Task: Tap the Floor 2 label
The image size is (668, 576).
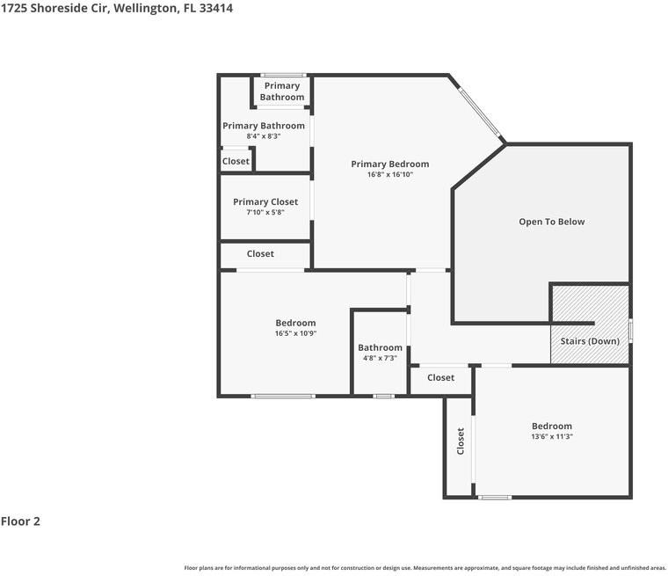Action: click(x=20, y=521)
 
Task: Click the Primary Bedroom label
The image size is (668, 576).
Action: click(x=389, y=164)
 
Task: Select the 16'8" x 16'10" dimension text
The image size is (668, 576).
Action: click(x=389, y=175)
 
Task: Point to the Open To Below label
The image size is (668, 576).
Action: click(x=551, y=222)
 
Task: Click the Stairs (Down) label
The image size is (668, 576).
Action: click(x=590, y=341)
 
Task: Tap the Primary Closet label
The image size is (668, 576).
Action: click(x=265, y=202)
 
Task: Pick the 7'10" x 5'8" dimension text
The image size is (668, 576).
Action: click(x=265, y=213)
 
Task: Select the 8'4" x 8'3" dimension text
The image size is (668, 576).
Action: click(x=263, y=137)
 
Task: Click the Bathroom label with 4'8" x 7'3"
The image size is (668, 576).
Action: click(x=380, y=347)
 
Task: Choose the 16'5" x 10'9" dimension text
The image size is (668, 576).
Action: click(x=295, y=334)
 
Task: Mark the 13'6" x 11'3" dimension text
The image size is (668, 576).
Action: click(x=551, y=437)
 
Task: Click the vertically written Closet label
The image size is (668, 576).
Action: click(x=460, y=441)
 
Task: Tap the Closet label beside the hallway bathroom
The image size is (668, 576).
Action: click(x=440, y=378)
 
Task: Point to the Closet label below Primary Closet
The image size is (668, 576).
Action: click(x=260, y=254)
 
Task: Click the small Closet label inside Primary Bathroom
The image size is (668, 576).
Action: click(x=236, y=162)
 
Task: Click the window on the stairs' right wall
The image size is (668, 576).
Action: click(x=630, y=332)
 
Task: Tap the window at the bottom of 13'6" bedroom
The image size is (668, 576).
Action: click(x=495, y=498)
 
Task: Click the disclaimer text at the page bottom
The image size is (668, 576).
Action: click(x=425, y=568)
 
